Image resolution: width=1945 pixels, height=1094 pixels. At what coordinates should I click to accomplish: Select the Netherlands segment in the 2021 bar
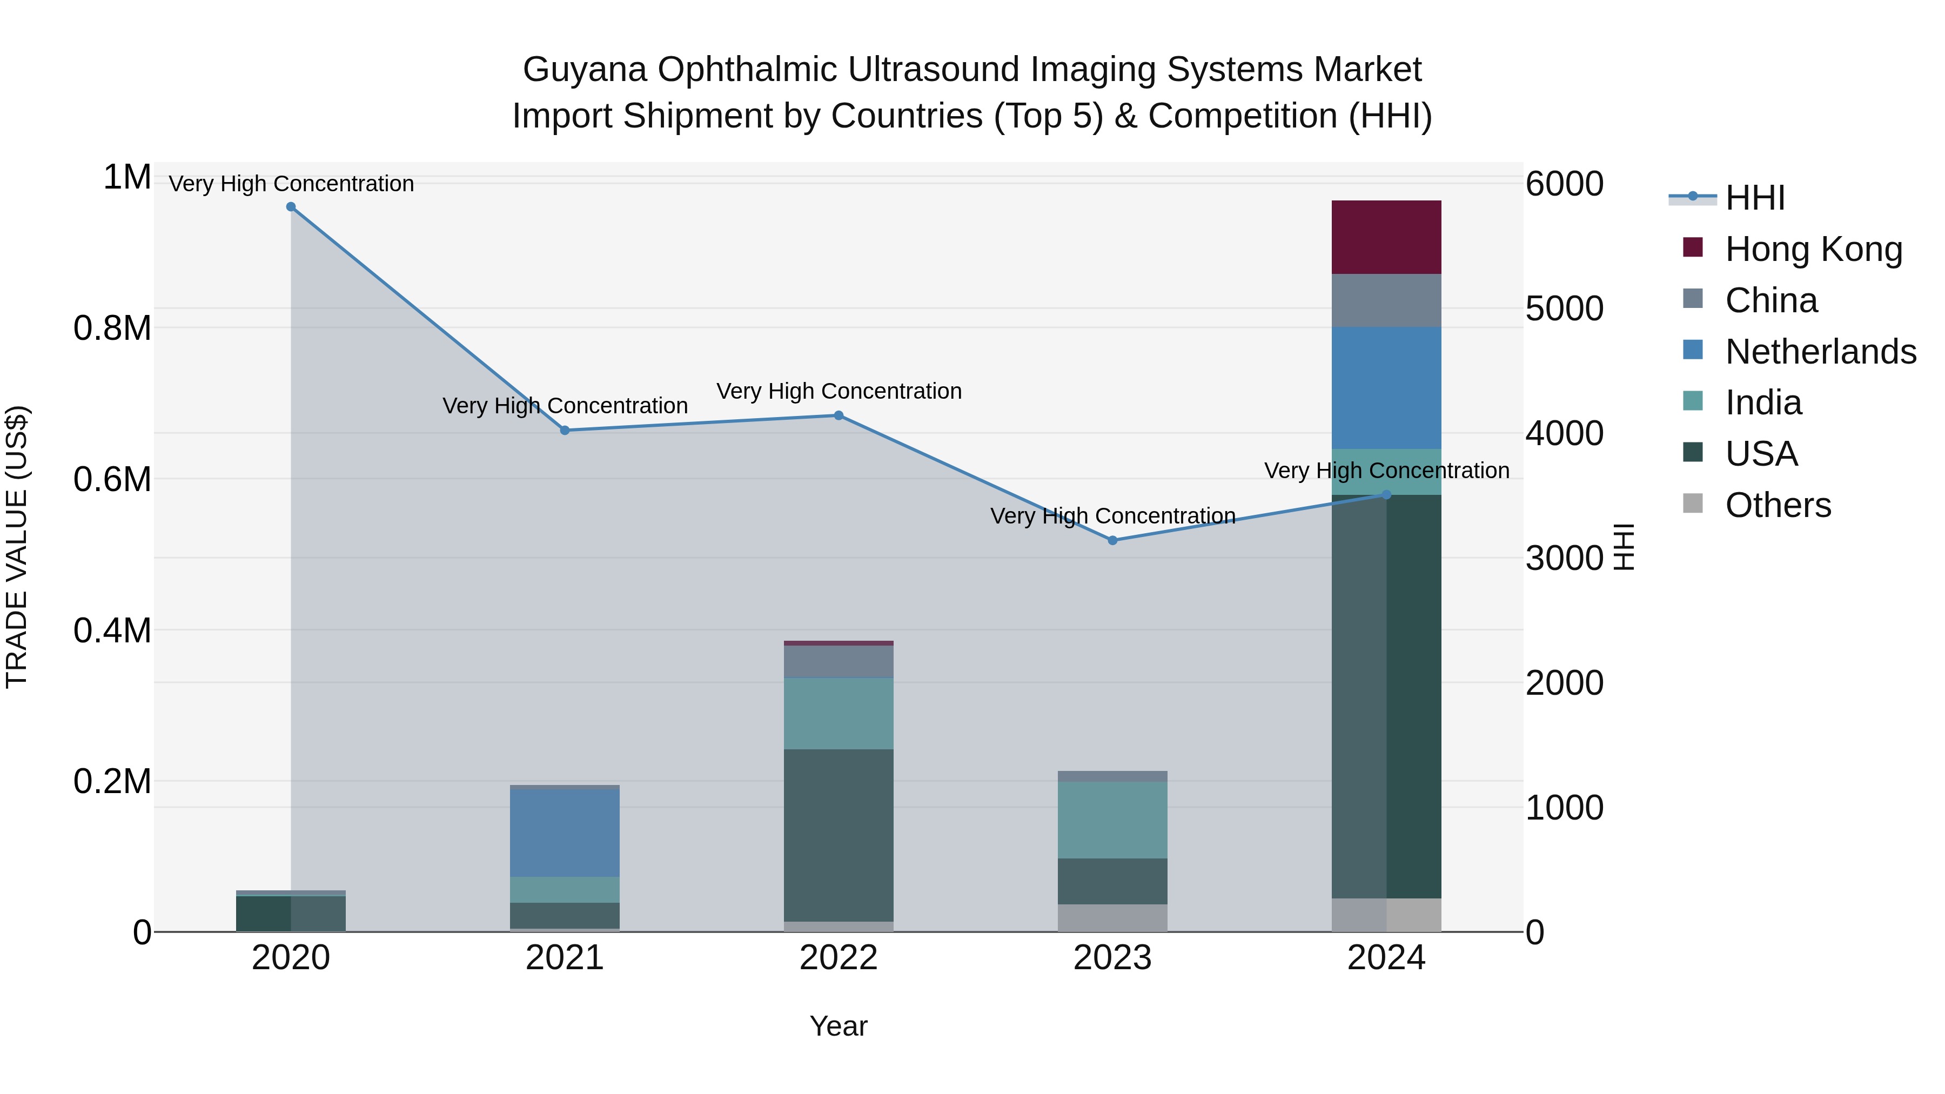[564, 832]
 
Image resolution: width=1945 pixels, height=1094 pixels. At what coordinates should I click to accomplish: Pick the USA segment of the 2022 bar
[838, 834]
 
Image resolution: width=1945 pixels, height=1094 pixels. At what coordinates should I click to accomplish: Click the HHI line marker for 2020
[291, 207]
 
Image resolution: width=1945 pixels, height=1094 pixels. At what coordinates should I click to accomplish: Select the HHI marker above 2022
[838, 415]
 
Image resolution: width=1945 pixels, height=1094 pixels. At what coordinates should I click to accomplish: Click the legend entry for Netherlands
[1820, 352]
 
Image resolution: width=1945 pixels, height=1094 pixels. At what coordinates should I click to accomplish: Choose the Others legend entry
[1778, 505]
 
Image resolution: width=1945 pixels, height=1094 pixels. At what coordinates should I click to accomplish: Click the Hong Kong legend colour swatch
[1693, 247]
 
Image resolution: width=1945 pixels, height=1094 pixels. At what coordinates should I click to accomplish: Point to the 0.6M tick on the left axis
[112, 479]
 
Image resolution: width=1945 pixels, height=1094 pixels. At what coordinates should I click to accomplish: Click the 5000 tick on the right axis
[1564, 309]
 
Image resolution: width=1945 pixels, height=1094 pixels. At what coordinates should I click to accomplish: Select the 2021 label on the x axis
[564, 958]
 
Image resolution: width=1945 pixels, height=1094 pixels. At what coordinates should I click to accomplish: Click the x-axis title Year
[838, 1026]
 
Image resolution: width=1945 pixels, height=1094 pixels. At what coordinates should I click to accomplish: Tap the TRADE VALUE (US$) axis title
[17, 547]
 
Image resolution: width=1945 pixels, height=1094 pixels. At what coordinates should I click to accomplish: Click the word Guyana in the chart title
[585, 70]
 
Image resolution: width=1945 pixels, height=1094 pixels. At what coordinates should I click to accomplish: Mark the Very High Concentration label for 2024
[1386, 471]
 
